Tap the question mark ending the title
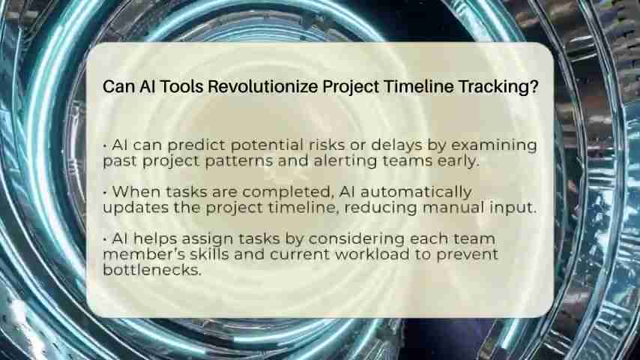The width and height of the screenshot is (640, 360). click(534, 87)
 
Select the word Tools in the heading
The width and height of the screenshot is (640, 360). click(182, 87)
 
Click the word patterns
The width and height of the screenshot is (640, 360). click(239, 161)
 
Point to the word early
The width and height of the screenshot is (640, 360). click(458, 161)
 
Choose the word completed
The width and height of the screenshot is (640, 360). click(287, 193)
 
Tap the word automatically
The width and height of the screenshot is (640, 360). click(416, 193)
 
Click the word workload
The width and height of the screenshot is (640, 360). click(372, 254)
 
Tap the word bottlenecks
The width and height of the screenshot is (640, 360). click(152, 270)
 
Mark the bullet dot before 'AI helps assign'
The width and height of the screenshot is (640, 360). click(105, 239)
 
